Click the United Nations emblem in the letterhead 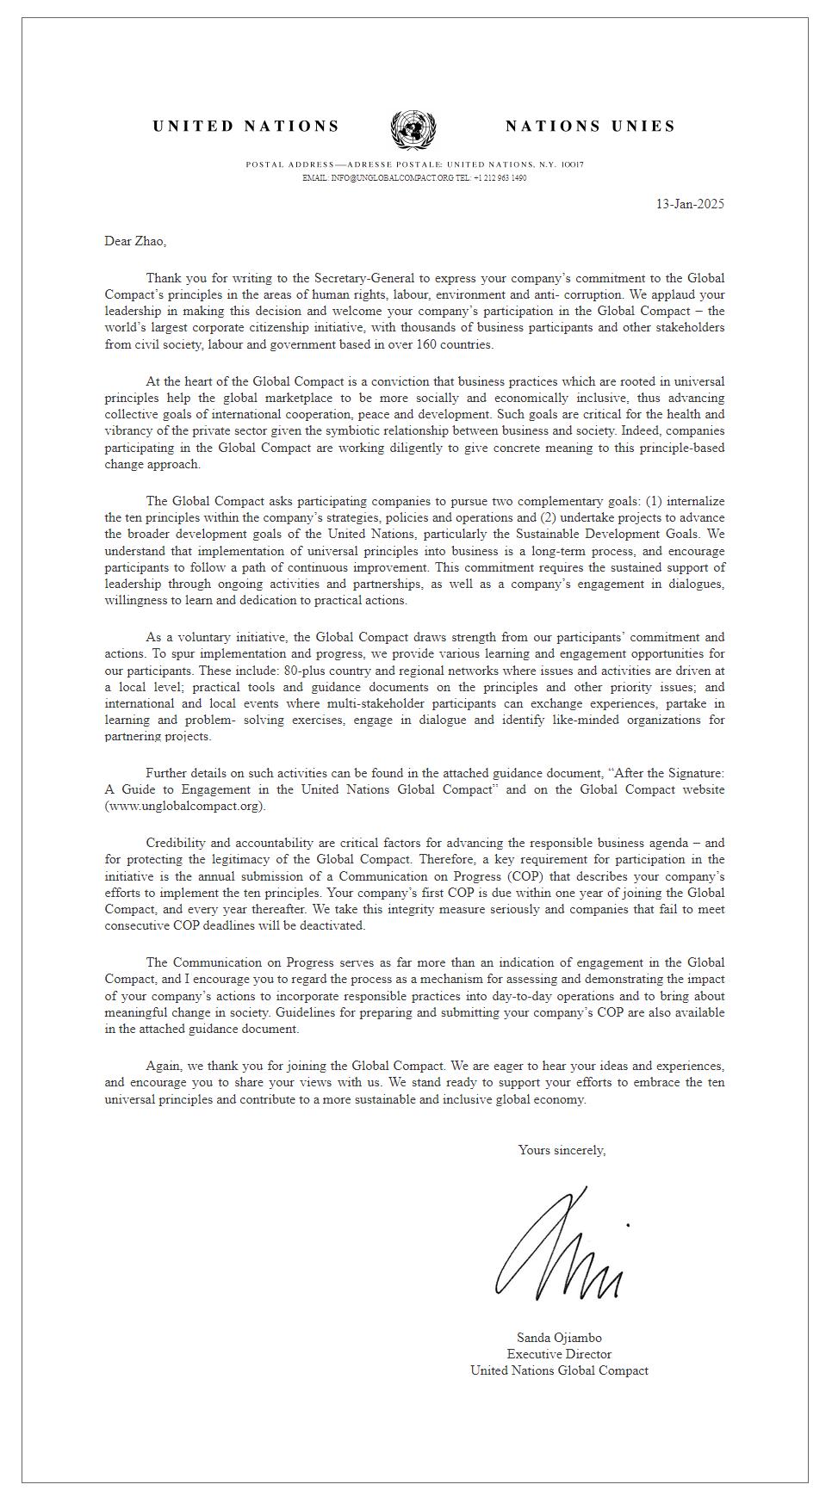pyautogui.click(x=413, y=129)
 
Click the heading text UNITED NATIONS pyautogui.click(x=246, y=127)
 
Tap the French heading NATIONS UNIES pyautogui.click(x=590, y=127)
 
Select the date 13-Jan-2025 pyautogui.click(x=690, y=204)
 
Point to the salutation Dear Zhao pyautogui.click(x=135, y=241)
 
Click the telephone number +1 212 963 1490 pyautogui.click(x=500, y=178)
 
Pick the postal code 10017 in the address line pyautogui.click(x=572, y=164)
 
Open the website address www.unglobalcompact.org pyautogui.click(x=185, y=806)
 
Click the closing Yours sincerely pyautogui.click(x=562, y=1150)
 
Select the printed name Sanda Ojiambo pyautogui.click(x=559, y=1338)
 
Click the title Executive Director pyautogui.click(x=559, y=1354)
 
